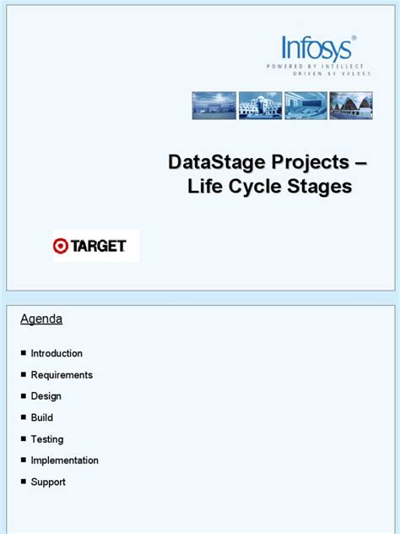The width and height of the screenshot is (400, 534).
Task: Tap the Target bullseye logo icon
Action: tap(60, 246)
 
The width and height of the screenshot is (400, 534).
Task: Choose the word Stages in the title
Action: tap(319, 188)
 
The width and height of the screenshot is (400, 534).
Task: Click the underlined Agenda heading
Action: tap(41, 319)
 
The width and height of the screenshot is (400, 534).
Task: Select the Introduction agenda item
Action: tap(57, 353)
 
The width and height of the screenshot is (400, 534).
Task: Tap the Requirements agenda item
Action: tap(62, 375)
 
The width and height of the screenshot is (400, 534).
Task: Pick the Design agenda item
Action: tap(46, 396)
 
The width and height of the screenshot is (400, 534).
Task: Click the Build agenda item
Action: tap(42, 417)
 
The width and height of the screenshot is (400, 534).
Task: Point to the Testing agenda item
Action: tap(47, 439)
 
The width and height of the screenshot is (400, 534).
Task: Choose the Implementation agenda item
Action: tap(65, 460)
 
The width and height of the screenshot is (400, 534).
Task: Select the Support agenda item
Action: tap(48, 482)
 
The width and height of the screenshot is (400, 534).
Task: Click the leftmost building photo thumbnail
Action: tap(214, 106)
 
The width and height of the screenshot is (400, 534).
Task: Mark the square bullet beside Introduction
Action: tap(23, 353)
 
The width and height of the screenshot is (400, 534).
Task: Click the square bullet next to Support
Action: tap(23, 482)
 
